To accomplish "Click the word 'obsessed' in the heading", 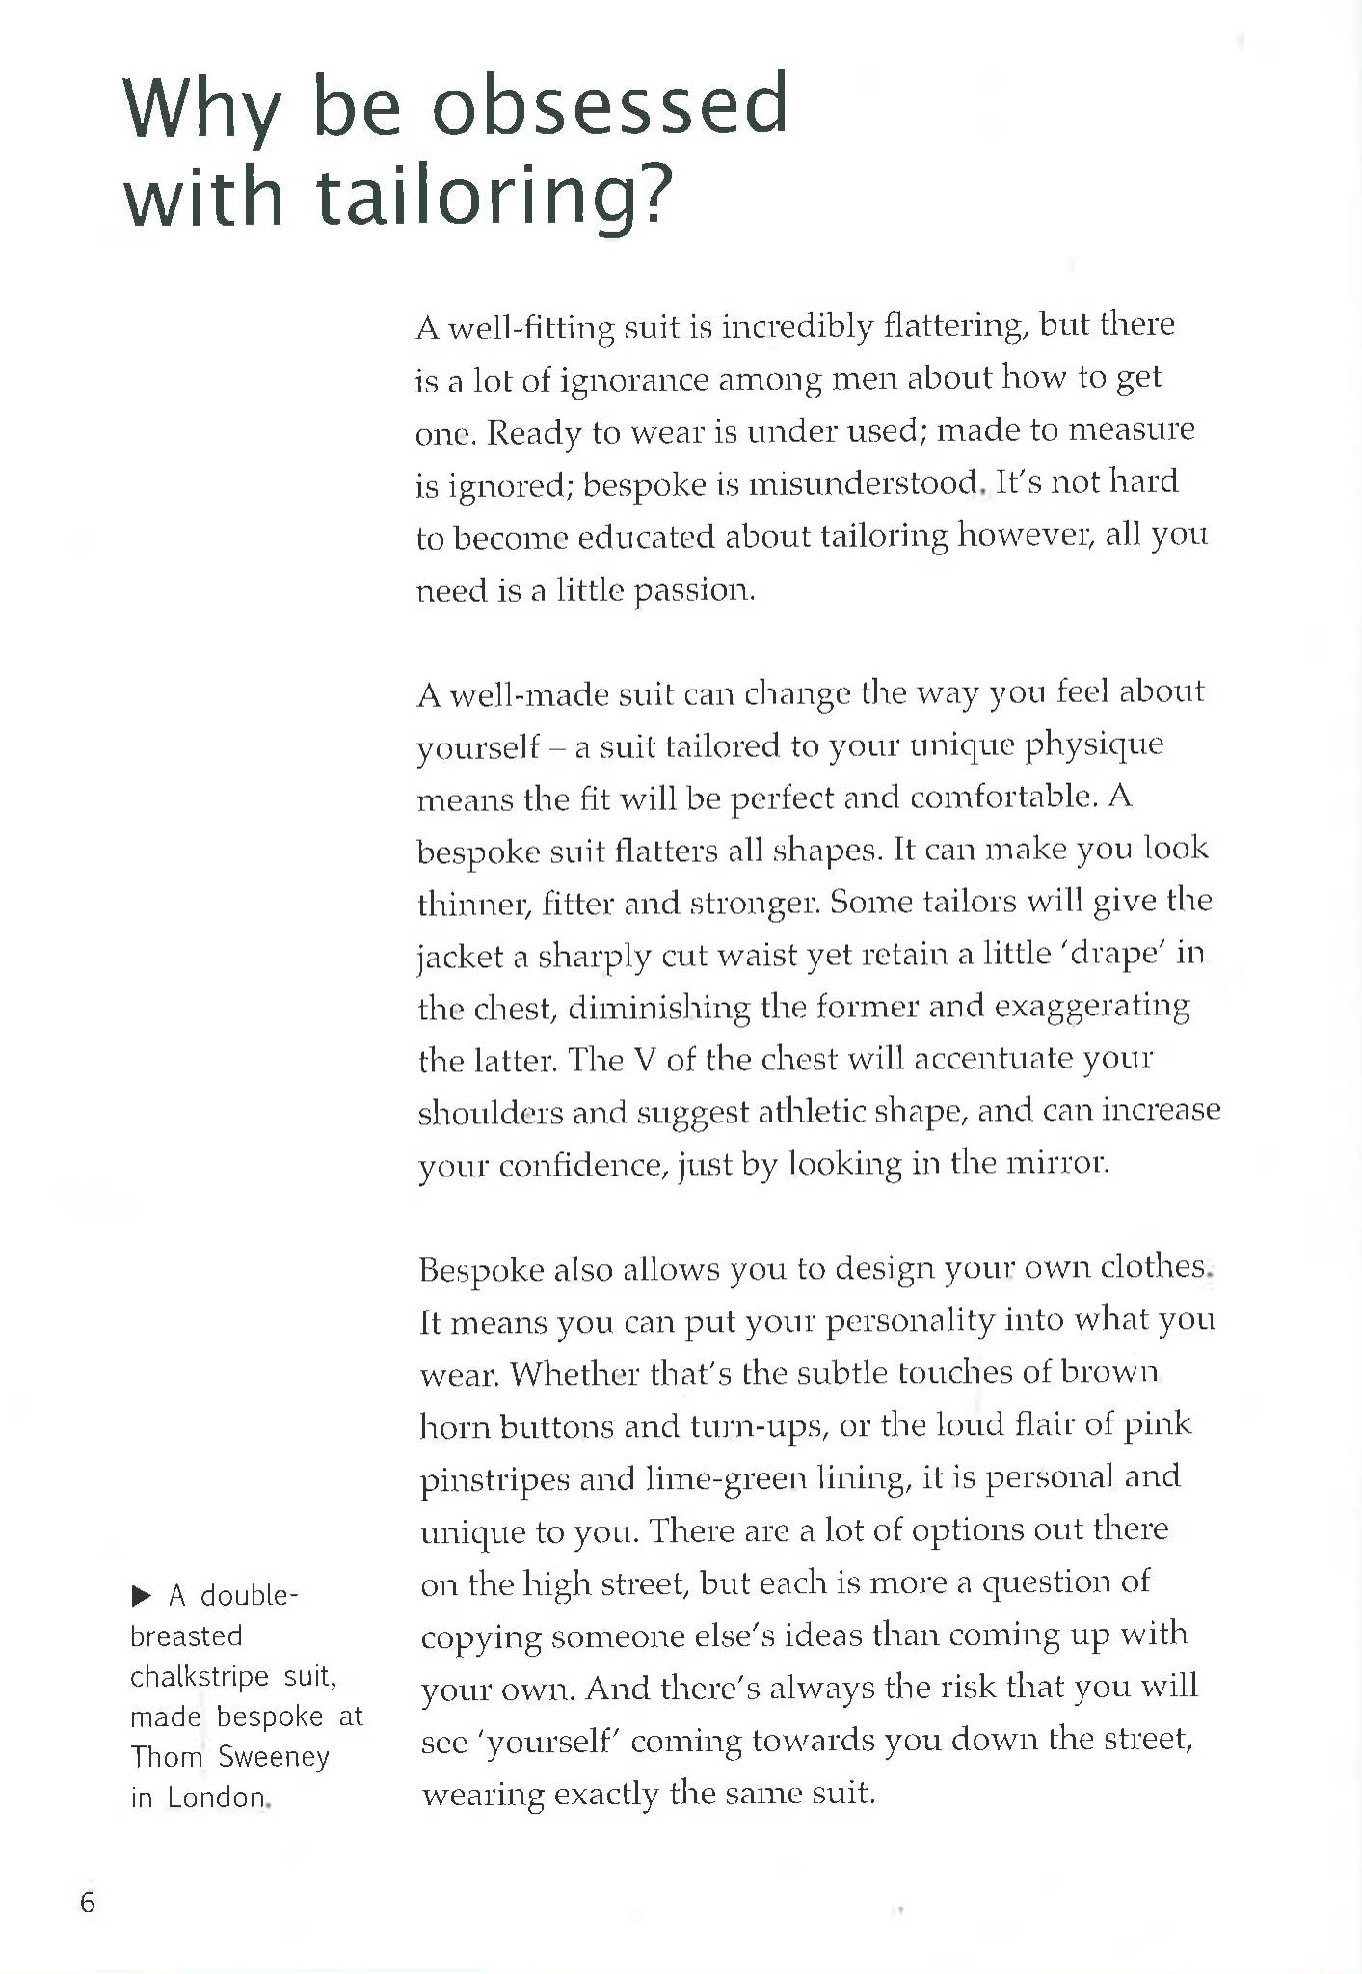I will click(609, 105).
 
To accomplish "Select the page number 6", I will click(88, 1903).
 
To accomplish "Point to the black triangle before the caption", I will click(142, 1596).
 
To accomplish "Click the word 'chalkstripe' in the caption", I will click(200, 1677).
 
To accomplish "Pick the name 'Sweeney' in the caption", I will click(274, 1757).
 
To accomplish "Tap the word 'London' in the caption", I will click(217, 1798).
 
